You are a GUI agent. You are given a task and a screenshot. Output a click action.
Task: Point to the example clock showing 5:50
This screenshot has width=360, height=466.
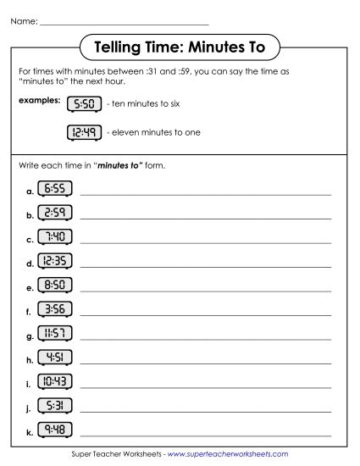(84, 104)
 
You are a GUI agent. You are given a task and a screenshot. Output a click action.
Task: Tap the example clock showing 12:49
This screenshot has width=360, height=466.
(84, 132)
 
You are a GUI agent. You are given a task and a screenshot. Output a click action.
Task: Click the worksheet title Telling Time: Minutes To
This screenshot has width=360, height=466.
(179, 46)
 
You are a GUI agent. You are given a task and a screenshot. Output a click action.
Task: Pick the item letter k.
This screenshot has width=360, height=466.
(30, 432)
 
